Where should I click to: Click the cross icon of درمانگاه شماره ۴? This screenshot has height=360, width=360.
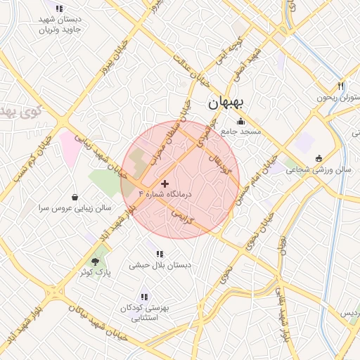[165, 184]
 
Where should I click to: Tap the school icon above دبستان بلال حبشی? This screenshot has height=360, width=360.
[160, 254]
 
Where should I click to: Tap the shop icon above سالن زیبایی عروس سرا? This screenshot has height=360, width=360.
[75, 198]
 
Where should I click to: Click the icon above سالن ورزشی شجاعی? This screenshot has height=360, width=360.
[320, 157]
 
